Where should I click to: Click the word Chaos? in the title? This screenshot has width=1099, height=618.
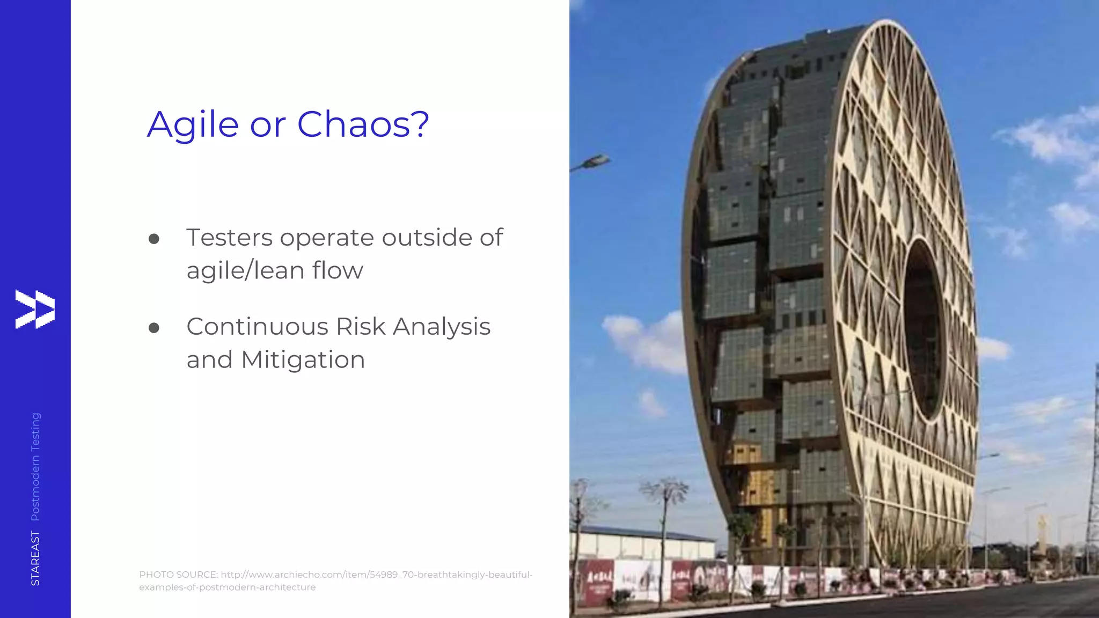click(363, 124)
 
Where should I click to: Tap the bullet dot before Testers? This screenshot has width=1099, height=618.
click(154, 239)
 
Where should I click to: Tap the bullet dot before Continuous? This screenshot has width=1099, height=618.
click(154, 328)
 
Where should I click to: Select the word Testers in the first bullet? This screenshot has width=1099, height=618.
click(229, 238)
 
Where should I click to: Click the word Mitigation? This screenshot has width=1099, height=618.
click(303, 360)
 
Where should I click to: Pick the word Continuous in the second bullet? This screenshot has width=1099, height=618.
click(257, 327)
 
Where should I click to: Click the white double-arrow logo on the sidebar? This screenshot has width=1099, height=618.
click(35, 309)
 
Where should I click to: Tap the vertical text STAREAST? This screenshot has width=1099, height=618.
click(35, 558)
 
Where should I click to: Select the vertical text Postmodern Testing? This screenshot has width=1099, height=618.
click(35, 466)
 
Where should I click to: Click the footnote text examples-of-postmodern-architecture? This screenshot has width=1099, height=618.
click(228, 587)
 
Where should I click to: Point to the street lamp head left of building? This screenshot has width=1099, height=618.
click(596, 160)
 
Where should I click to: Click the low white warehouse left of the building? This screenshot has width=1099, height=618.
click(644, 542)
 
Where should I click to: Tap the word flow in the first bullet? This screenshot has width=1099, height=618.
click(338, 270)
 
